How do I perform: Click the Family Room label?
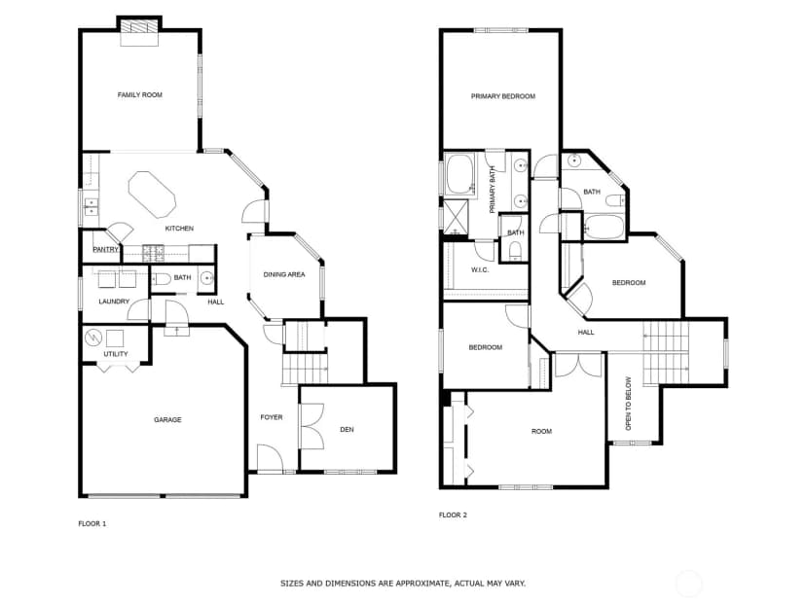140,95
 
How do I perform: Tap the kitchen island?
152,195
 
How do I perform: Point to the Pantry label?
105,250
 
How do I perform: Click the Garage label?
167,420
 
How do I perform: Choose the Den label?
347,429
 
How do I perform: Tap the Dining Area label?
284,275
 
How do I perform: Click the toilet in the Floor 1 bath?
162,279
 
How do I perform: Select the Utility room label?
116,354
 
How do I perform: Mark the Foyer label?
272,417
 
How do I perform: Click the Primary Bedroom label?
503,96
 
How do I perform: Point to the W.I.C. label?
480,270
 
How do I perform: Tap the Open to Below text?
628,404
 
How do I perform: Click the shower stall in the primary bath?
456,217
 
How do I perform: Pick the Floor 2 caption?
453,515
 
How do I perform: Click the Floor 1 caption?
92,524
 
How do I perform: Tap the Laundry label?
114,302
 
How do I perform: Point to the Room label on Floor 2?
542,432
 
